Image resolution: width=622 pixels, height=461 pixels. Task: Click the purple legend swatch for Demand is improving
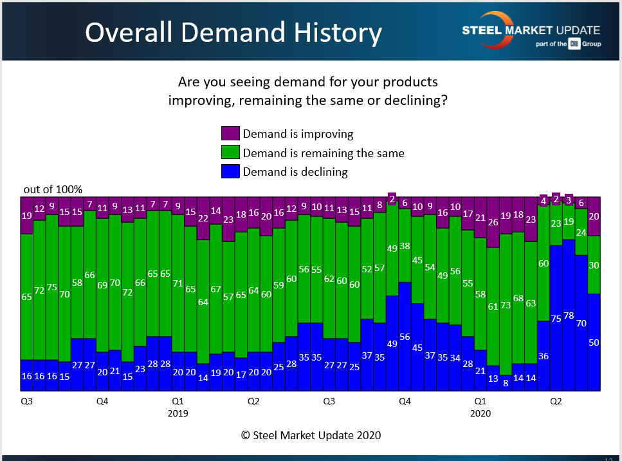[230, 134]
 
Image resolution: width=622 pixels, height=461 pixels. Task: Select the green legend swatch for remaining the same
[230, 153]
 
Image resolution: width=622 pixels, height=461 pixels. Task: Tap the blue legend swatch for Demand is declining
[230, 171]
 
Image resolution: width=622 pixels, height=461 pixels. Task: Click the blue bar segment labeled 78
[569, 315]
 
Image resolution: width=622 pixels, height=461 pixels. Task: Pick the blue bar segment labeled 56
[405, 336]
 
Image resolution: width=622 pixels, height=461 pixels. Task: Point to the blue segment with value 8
[506, 383]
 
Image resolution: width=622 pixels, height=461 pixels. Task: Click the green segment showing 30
[594, 265]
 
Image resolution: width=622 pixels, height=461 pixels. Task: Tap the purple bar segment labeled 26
[493, 222]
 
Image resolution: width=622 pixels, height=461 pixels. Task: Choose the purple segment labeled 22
[203, 218]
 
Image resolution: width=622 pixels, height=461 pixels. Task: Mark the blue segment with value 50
[594, 342]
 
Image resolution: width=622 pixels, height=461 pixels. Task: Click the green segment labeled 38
[405, 245]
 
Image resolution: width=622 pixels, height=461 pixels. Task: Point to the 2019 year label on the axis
[178, 413]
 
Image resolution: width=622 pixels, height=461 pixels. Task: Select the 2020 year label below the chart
[480, 413]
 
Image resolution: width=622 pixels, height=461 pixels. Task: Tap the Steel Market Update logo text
[531, 30]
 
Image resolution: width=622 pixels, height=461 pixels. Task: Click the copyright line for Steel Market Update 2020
[311, 435]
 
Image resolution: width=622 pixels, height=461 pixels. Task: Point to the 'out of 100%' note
[53, 189]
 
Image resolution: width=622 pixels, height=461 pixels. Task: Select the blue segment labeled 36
[544, 355]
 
